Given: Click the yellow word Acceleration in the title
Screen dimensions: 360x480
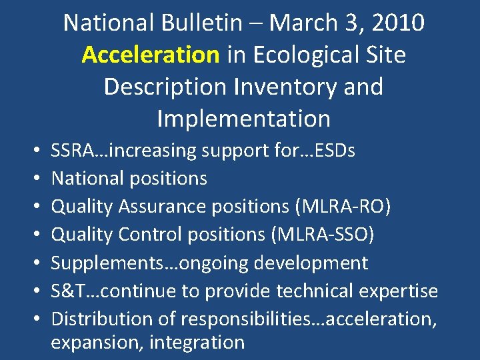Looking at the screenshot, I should [x=151, y=55].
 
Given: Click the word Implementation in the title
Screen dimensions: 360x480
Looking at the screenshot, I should [x=243, y=119].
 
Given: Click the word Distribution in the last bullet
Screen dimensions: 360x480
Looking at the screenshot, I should [x=97, y=319].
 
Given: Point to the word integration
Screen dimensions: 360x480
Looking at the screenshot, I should [x=197, y=343].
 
